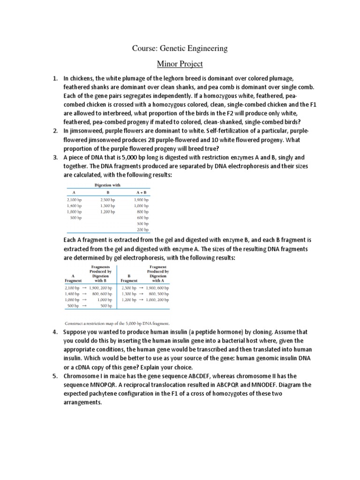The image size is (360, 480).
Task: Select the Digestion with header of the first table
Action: [x=107, y=185]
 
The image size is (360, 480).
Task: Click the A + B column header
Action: [x=141, y=192]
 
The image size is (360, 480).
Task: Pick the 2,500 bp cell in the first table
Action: [x=108, y=200]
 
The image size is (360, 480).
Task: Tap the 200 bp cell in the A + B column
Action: [x=142, y=230]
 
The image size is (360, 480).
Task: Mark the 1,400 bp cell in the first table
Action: [x=75, y=206]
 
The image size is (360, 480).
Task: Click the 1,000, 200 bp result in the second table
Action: [x=157, y=300]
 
